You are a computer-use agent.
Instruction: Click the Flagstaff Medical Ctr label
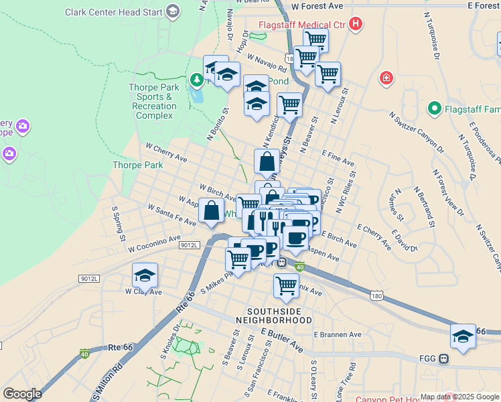[x=301, y=25]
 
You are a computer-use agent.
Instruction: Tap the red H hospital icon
[x=356, y=25]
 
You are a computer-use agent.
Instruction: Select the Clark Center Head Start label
[x=115, y=12]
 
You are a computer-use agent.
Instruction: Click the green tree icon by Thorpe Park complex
[x=196, y=81]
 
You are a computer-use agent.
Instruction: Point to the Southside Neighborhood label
[x=274, y=316]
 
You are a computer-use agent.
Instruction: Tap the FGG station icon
[x=443, y=358]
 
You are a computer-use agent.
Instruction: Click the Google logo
[x=22, y=394]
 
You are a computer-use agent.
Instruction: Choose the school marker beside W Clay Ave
[x=145, y=275]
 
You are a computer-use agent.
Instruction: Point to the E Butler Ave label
[x=282, y=340]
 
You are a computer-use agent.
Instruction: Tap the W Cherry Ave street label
[x=166, y=151]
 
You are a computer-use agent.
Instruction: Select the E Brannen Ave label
[x=337, y=334]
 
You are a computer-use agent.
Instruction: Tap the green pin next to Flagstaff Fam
[x=434, y=108]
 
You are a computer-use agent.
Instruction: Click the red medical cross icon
[x=386, y=79]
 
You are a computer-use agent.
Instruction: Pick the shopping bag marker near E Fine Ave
[x=267, y=161]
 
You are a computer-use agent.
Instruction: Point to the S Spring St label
[x=119, y=224]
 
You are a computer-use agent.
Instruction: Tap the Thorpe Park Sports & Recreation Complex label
[x=154, y=101]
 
